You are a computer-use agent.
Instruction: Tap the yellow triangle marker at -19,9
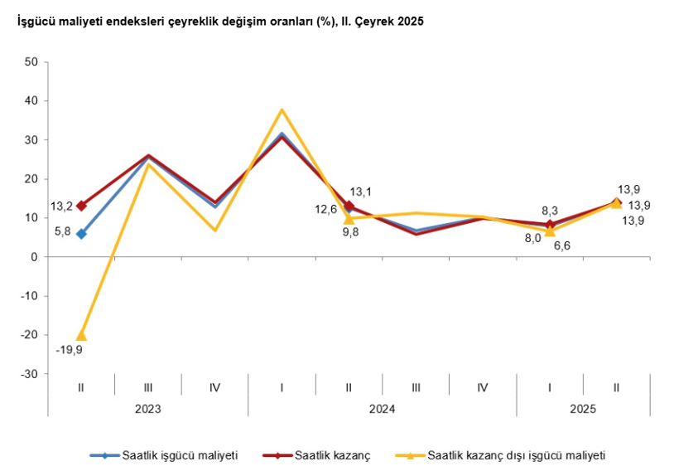81,335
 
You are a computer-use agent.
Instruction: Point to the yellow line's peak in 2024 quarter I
282,109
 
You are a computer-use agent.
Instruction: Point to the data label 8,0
532,237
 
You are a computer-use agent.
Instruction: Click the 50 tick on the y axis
31,61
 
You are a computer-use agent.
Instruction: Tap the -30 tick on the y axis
29,374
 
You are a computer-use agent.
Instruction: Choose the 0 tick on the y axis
35,257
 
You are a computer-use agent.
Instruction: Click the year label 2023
148,409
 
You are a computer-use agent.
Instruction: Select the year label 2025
583,409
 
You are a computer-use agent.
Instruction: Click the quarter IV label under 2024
483,387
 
